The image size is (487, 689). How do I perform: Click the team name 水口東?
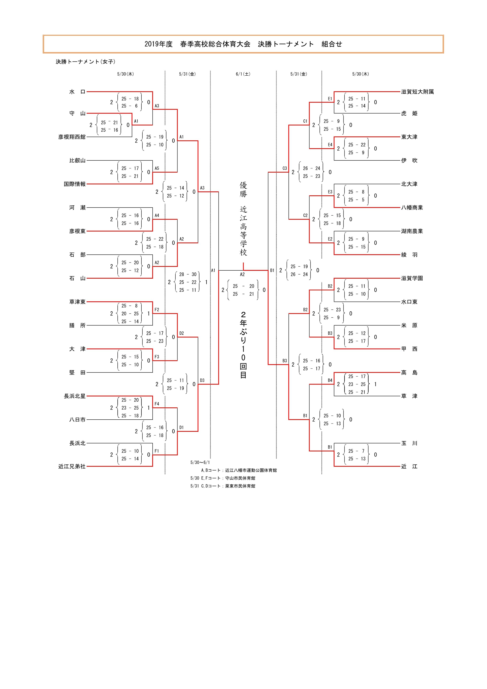pos(409,302)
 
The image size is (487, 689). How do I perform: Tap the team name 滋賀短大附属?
pos(417,92)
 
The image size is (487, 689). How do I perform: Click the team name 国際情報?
pos(74,184)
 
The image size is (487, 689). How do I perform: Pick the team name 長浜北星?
pos(74,396)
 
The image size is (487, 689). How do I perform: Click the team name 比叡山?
pos(77,161)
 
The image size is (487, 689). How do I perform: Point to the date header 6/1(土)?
pos(243,74)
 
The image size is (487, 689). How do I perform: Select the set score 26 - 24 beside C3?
pos(311,168)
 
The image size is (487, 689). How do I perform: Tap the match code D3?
pos(202,380)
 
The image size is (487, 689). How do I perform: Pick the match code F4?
pos(157,404)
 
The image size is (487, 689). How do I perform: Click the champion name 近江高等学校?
pos(243,231)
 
